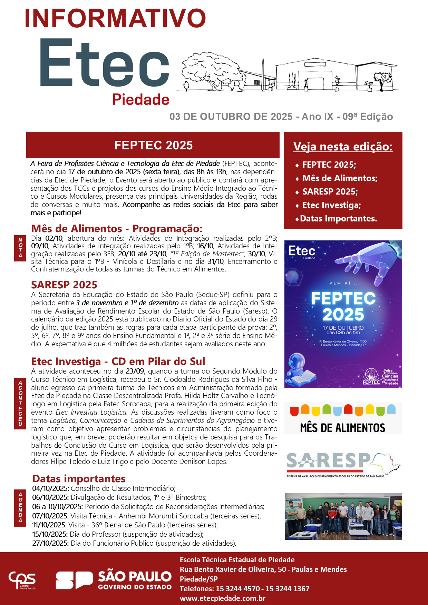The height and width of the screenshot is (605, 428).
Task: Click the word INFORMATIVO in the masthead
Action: (115, 19)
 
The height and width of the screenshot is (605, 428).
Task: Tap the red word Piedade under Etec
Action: (140, 100)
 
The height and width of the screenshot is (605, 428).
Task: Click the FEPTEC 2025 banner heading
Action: (153, 145)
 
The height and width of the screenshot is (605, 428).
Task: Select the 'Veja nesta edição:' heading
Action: (343, 147)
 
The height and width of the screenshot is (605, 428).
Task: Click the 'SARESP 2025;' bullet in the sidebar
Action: (330, 192)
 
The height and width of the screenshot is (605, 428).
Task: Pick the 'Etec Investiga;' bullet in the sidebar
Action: (331, 205)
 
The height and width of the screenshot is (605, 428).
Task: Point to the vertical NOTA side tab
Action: (20, 248)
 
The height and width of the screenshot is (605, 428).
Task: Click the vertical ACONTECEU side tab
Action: (20, 403)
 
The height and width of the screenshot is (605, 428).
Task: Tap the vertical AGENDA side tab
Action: (20, 508)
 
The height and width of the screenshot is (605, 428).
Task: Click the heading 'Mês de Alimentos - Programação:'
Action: (117, 229)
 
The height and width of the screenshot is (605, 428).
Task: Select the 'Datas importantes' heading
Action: (79, 479)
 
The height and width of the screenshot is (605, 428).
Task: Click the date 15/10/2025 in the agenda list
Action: (50, 534)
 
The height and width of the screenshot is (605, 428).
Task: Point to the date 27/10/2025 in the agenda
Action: (50, 543)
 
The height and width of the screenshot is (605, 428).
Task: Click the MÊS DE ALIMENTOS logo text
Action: (342, 428)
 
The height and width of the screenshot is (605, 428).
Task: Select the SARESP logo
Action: (342, 464)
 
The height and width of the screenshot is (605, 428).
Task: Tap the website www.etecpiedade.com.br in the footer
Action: (223, 598)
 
